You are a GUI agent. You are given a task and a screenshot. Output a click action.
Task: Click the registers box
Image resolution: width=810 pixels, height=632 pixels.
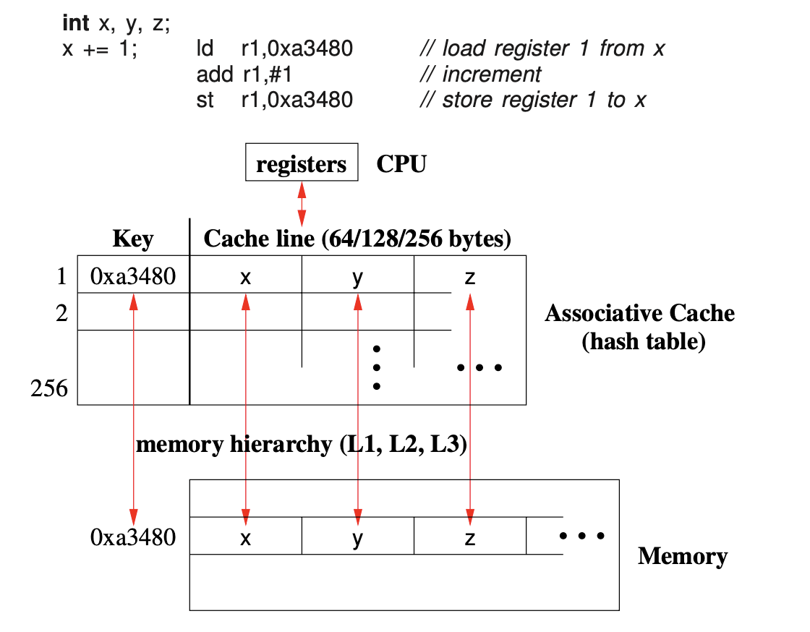point(302,163)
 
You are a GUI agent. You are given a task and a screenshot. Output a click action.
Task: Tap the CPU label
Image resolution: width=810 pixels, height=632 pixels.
point(401,163)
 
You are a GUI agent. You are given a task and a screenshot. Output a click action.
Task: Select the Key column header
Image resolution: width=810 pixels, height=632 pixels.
point(133,239)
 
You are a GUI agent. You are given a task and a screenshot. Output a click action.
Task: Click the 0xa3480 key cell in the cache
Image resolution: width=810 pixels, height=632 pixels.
point(133,276)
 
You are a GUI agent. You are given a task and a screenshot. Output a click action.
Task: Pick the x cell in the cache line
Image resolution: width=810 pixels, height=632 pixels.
point(246,276)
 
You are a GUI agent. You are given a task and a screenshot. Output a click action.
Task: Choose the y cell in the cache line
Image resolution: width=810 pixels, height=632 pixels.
point(357,276)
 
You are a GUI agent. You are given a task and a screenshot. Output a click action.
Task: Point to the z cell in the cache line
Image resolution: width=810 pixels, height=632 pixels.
point(470,276)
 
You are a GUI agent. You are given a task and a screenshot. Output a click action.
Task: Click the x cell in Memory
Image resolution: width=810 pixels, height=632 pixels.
point(246,537)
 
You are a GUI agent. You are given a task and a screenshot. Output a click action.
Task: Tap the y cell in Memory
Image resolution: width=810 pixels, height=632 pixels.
point(357,537)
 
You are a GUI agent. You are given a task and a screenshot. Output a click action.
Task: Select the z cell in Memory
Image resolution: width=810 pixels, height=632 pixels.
point(470,537)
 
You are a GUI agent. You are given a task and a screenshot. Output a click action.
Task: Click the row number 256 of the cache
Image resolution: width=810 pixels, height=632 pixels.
point(49,389)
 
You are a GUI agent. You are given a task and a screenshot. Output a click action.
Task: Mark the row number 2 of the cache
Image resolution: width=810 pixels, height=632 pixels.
point(61,312)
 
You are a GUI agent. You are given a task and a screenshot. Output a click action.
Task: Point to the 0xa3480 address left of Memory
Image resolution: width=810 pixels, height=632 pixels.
point(133,537)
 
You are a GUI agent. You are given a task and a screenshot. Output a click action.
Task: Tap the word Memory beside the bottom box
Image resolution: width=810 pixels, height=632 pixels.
point(682,556)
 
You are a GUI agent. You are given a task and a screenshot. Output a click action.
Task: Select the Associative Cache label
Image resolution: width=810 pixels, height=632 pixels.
point(640,313)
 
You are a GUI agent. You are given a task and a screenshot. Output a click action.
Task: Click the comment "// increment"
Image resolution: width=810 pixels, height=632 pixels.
point(480,74)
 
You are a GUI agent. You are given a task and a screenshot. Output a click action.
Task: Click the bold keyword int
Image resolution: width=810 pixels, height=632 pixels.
point(76,23)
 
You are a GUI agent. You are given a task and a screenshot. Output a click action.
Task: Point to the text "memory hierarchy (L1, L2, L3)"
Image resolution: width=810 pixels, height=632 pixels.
point(302,443)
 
